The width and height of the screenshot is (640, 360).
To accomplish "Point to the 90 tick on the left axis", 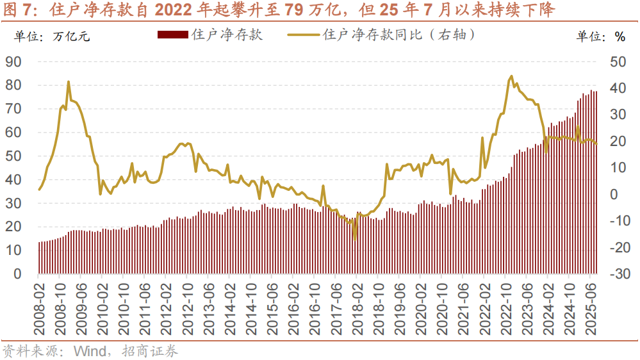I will pyautogui.click(x=13, y=61).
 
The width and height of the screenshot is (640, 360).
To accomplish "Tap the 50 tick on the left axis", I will pyautogui.click(x=13, y=156).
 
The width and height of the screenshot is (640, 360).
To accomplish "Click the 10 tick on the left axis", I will pyautogui.click(x=13, y=250).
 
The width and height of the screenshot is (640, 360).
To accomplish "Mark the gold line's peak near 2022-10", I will pyautogui.click(x=511, y=76).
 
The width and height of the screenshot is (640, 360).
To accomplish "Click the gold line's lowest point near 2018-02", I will pyautogui.click(x=356, y=239).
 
